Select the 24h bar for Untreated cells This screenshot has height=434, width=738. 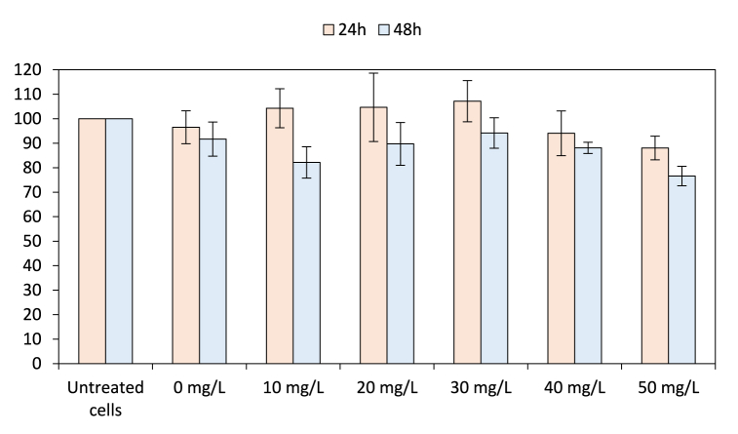point(92,241)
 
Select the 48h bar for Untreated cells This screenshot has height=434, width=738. point(119,241)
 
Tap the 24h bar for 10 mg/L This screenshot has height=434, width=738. point(280,235)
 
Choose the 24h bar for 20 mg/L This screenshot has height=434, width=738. point(373,235)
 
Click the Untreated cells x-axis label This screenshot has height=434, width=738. point(105,397)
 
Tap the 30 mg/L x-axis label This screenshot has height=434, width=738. point(481,388)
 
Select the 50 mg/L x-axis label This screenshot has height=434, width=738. point(668,388)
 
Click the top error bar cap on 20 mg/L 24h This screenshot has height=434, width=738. point(373,73)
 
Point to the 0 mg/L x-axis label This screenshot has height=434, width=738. point(199,388)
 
